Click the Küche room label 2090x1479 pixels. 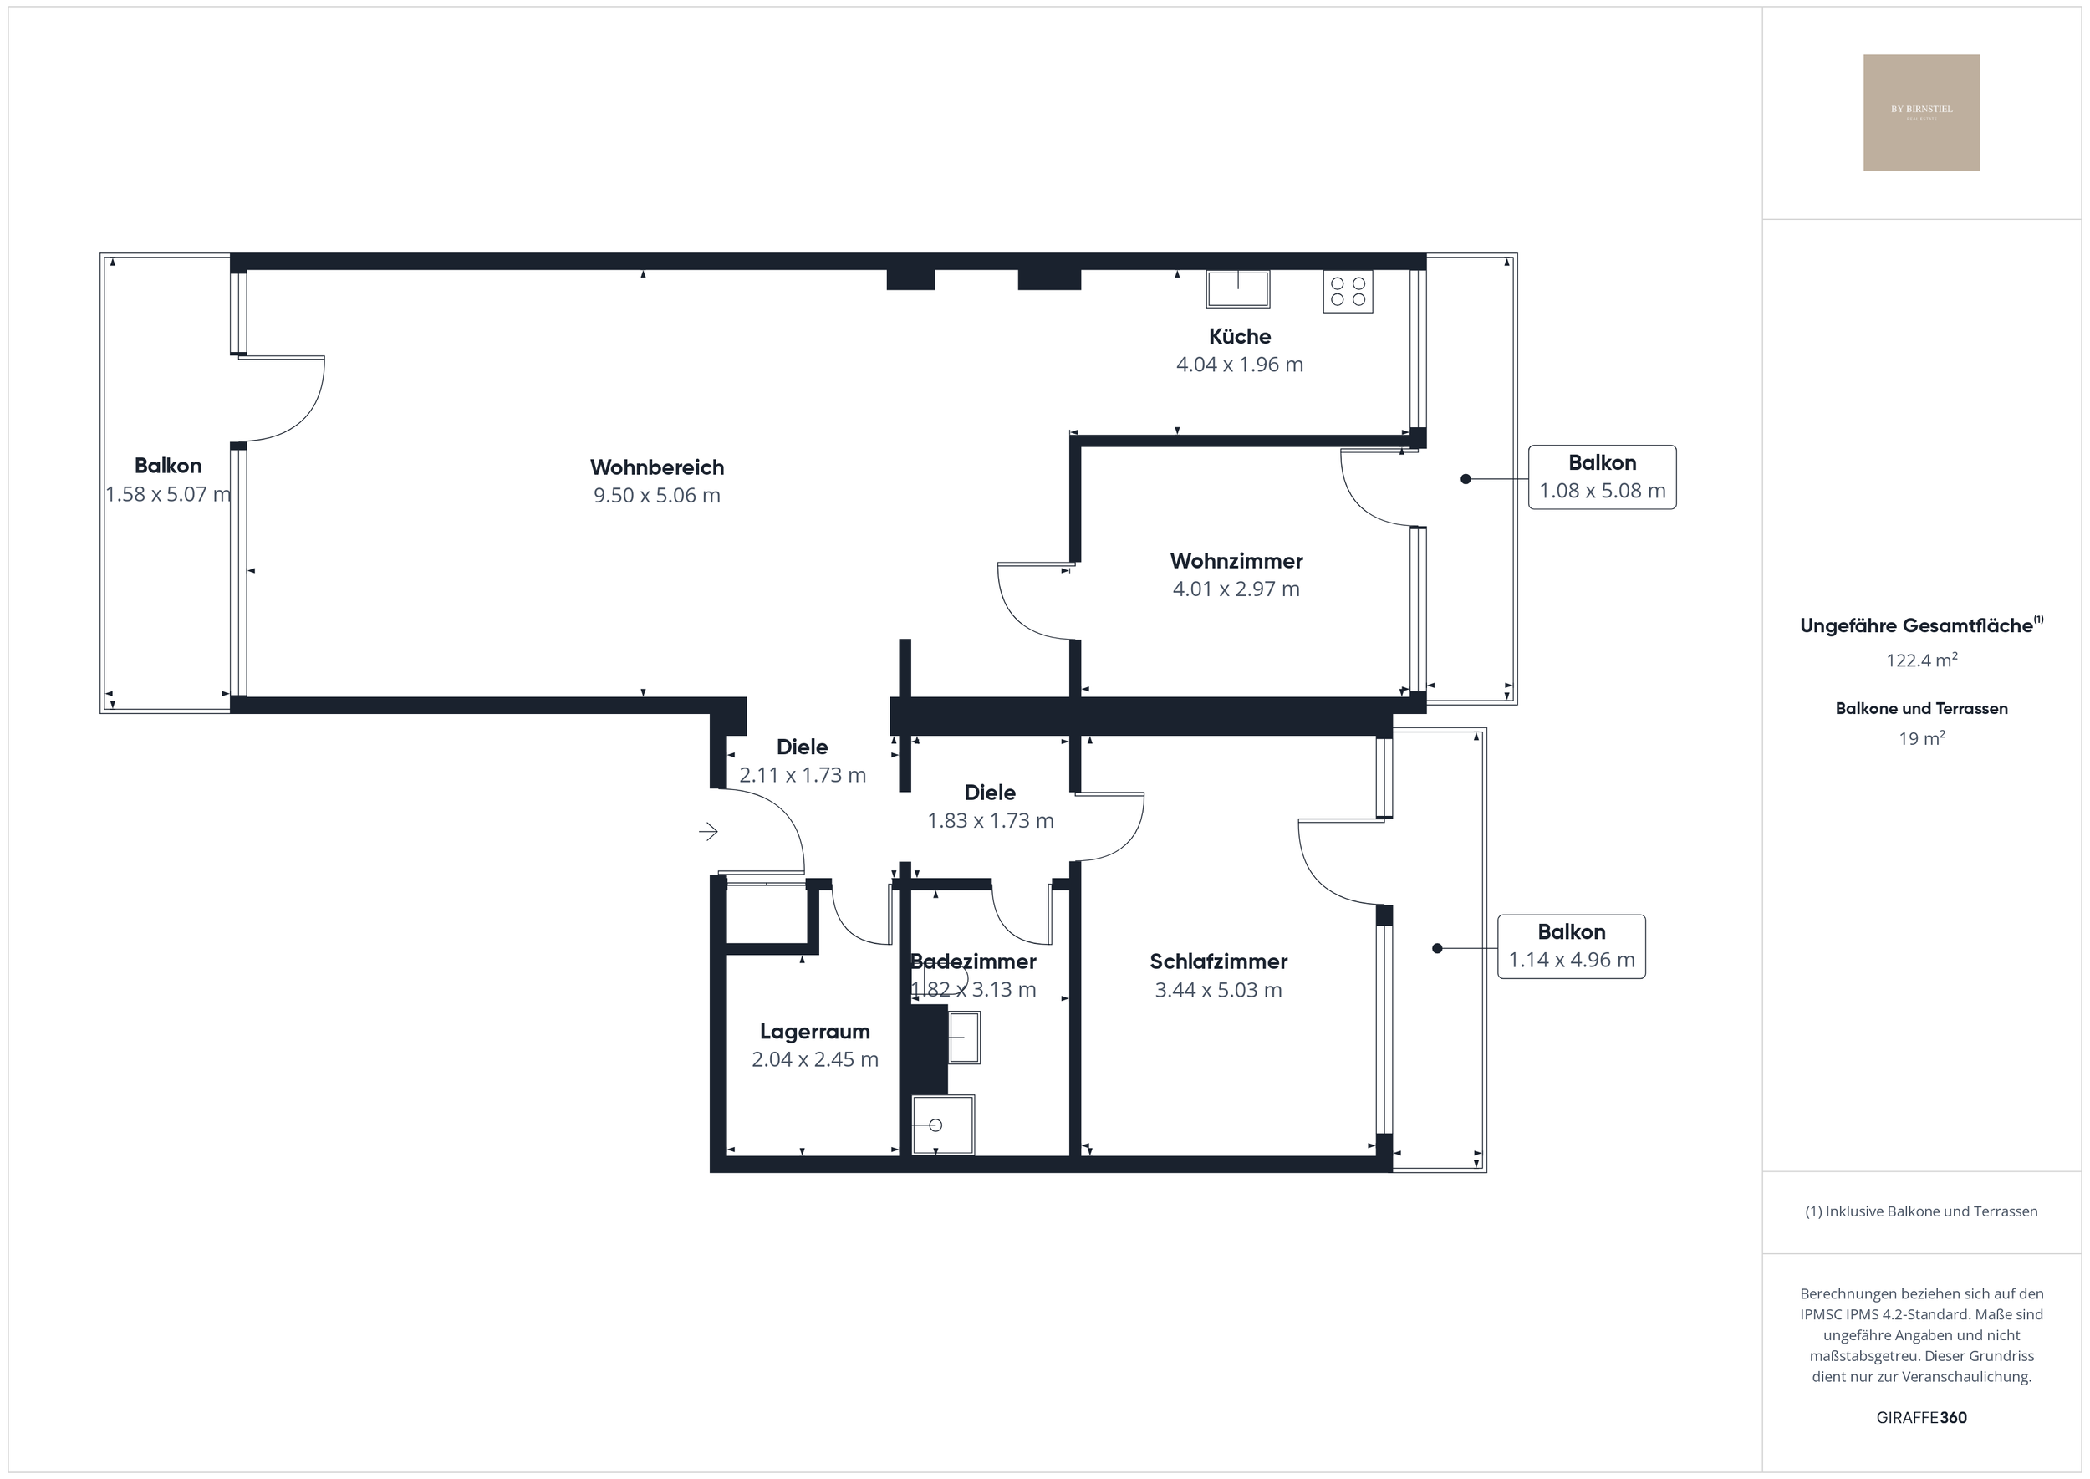point(1240,336)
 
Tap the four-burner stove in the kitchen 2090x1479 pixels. point(1348,292)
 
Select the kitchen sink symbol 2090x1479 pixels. point(1237,288)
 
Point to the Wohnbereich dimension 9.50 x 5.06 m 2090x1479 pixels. point(656,496)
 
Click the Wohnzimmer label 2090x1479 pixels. point(1236,561)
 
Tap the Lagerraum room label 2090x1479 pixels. point(814,1032)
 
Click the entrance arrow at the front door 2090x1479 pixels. point(707,830)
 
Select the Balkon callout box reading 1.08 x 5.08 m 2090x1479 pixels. point(1602,477)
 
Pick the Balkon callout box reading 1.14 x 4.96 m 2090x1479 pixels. point(1571,946)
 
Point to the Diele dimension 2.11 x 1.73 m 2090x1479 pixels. point(803,775)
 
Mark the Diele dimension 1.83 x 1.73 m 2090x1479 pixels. point(990,820)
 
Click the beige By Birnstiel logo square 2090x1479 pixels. point(1921,113)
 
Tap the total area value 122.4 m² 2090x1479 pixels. point(1921,660)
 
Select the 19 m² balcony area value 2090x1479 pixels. point(1921,738)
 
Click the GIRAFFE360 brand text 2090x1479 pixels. point(1921,1418)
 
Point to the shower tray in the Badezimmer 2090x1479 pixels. point(942,1125)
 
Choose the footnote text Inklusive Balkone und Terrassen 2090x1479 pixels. point(1921,1211)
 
